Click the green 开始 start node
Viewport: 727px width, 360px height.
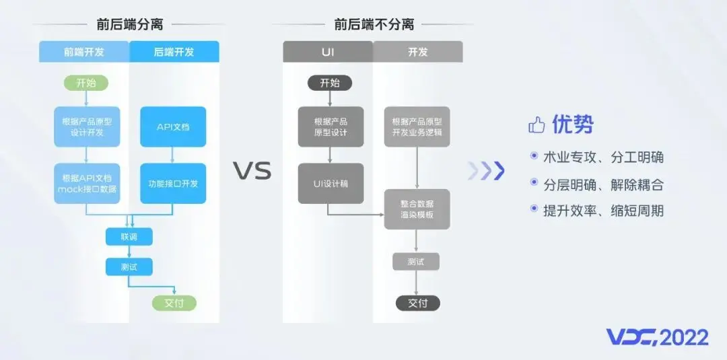point(85,83)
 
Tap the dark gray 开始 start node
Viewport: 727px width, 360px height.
point(330,83)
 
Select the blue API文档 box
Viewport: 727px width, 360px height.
point(173,127)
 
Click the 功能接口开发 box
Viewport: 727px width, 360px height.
point(173,183)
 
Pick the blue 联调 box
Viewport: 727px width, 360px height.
point(129,237)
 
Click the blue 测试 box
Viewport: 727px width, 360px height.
point(129,267)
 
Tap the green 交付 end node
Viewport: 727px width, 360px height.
point(174,303)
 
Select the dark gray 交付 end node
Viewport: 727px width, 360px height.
point(417,303)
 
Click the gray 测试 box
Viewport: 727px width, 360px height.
point(416,262)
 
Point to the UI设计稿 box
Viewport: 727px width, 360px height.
point(330,183)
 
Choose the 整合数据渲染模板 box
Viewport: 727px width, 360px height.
point(417,209)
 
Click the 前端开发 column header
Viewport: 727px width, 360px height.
point(84,52)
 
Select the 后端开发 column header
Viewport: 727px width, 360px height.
point(174,52)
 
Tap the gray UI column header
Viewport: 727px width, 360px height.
point(328,52)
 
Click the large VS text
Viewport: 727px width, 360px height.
point(252,171)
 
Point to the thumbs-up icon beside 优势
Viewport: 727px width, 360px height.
point(536,124)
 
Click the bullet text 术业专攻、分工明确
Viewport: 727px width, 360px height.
point(603,157)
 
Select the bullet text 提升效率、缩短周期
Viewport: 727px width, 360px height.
point(603,211)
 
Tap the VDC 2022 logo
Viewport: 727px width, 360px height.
point(656,337)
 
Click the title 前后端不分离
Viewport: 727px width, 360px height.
point(374,25)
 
